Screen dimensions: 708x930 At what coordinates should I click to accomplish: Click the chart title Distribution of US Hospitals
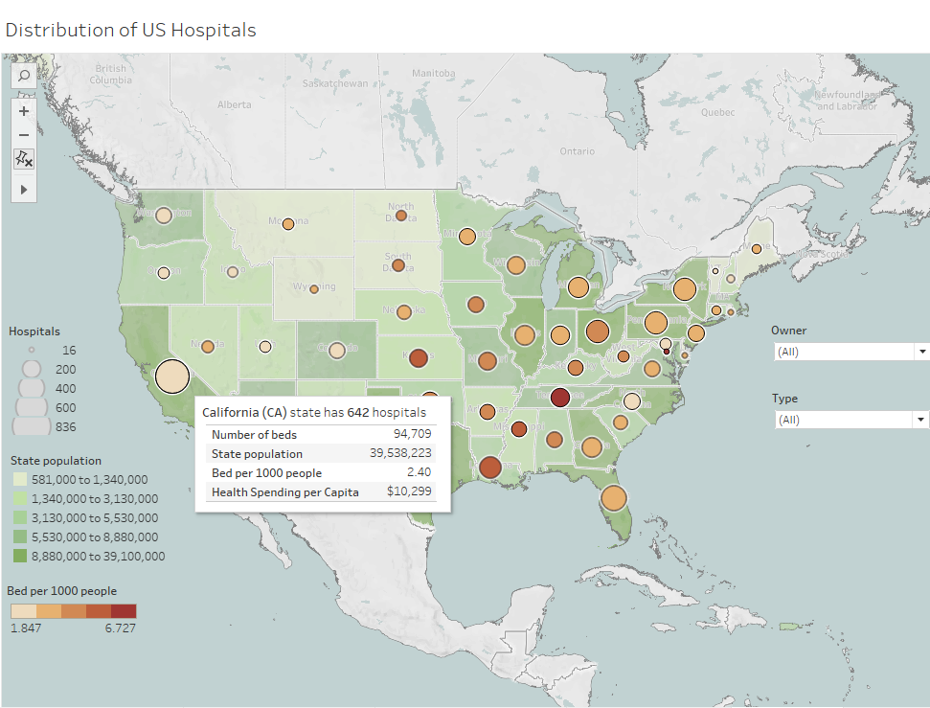131,30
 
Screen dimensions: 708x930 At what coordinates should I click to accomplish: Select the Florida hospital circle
613,498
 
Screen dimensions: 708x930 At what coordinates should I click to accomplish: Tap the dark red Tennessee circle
560,397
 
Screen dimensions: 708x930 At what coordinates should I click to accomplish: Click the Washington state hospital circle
164,216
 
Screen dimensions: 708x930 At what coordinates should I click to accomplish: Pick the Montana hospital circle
287,223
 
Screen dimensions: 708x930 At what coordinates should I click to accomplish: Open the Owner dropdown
851,352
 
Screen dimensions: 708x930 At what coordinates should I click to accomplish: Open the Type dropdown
851,420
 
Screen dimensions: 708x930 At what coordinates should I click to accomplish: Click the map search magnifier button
24,76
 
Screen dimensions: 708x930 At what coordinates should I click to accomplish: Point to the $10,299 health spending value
409,491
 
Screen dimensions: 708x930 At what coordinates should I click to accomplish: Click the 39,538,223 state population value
400,454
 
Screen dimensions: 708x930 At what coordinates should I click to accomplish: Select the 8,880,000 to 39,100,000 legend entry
98,556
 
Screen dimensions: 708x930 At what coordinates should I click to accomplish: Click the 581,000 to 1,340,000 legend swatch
19,479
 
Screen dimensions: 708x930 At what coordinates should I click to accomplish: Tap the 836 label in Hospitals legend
65,426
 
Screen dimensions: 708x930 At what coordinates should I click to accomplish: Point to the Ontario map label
577,151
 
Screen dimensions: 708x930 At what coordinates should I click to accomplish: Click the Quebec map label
717,111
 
